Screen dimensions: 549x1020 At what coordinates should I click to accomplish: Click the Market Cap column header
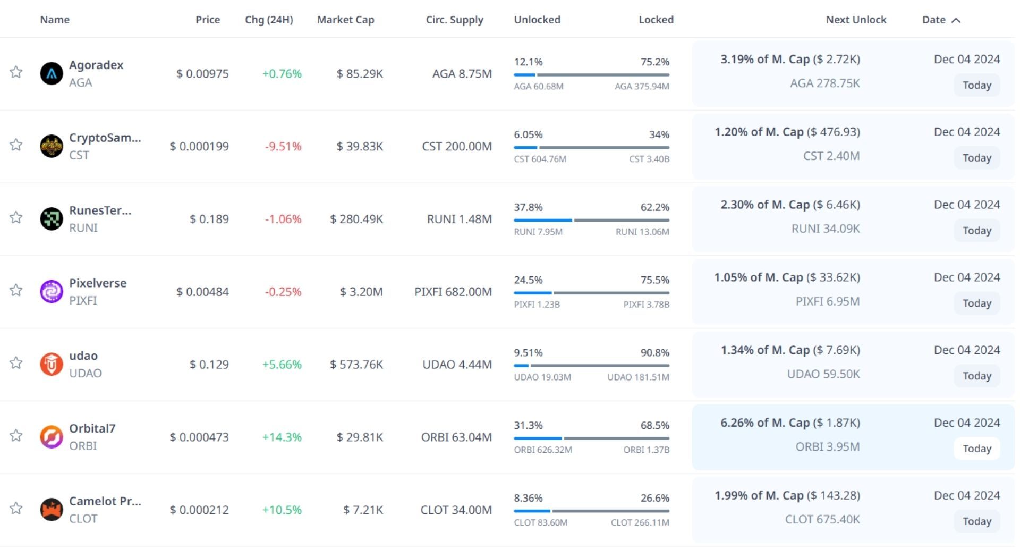coord(345,20)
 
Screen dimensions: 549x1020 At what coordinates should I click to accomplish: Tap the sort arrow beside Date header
coord(956,20)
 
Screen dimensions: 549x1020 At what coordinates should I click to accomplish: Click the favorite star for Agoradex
coord(16,72)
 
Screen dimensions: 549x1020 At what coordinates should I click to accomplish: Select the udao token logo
coord(52,364)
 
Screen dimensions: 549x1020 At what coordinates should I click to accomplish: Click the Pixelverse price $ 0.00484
coord(202,292)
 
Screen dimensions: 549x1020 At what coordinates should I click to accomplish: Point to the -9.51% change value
coord(283,146)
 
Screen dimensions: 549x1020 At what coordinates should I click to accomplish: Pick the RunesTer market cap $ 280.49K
coord(356,219)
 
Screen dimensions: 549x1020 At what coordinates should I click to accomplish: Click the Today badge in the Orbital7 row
coord(976,449)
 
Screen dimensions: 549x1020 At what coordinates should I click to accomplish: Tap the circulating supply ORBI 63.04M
coord(456,437)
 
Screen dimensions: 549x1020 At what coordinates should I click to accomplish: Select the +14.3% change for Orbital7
coord(282,437)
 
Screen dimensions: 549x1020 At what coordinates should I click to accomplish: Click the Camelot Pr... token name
coord(105,501)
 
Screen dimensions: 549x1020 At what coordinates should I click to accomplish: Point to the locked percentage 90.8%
coord(654,353)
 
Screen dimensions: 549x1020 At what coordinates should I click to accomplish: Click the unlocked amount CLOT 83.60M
coord(540,522)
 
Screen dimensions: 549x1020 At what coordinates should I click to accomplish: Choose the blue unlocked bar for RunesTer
coord(542,220)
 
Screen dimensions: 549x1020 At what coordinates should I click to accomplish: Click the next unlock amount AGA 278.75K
coord(824,83)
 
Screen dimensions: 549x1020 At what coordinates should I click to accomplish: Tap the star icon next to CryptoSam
coord(16,145)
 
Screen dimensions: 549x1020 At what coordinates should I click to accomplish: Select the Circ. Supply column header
coord(454,20)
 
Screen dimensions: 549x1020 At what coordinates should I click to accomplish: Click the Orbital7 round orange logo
coord(52,437)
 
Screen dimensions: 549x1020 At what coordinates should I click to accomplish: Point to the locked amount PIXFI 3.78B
coord(646,305)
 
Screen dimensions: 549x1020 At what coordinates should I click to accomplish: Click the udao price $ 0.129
coord(209,365)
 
